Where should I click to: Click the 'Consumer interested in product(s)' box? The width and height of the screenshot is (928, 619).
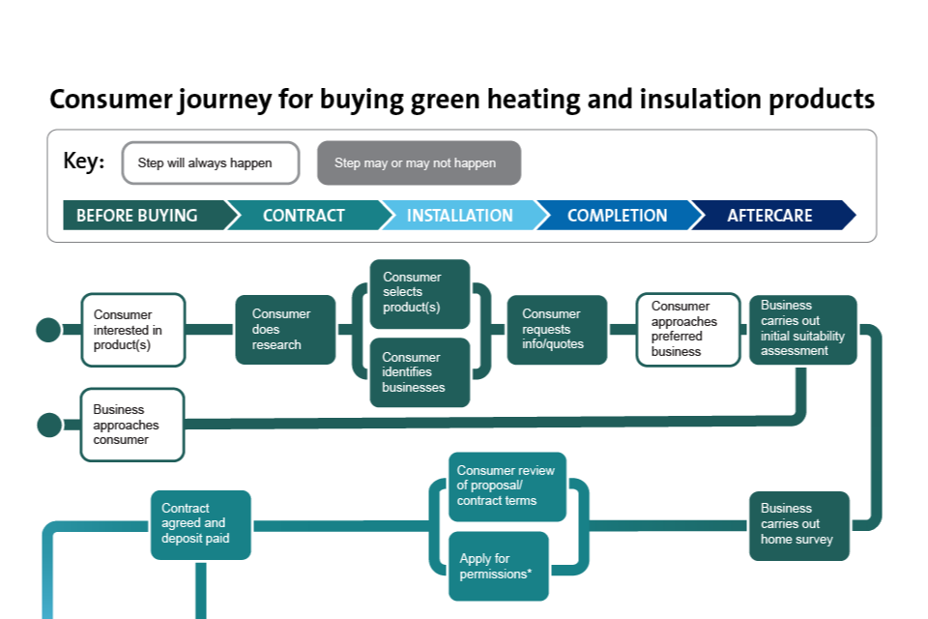[x=132, y=330]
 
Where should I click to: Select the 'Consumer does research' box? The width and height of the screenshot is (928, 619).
[x=285, y=330]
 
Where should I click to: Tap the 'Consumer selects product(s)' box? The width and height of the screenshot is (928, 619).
[x=420, y=294]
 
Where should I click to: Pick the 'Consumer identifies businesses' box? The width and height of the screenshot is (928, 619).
[x=420, y=372]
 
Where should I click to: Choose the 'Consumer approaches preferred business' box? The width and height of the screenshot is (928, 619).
[x=688, y=330]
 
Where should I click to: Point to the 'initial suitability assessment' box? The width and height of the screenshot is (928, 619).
[x=802, y=330]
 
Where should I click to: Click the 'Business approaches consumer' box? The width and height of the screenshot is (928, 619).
[x=132, y=425]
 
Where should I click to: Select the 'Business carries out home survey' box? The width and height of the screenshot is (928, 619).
[x=798, y=525]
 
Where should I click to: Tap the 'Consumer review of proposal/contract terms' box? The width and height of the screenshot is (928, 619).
[x=507, y=486]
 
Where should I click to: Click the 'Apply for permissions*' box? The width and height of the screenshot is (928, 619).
[x=498, y=566]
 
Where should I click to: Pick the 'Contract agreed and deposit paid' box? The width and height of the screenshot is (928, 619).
[x=200, y=524]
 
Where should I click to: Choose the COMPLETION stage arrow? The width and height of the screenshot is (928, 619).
[x=617, y=216]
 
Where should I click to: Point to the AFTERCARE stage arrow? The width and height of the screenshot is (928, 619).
[x=771, y=216]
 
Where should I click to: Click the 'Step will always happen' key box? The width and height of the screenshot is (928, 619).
[x=210, y=163]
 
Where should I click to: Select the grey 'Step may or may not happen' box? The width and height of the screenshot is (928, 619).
[x=419, y=163]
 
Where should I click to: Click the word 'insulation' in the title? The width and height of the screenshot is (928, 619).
[x=695, y=100]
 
